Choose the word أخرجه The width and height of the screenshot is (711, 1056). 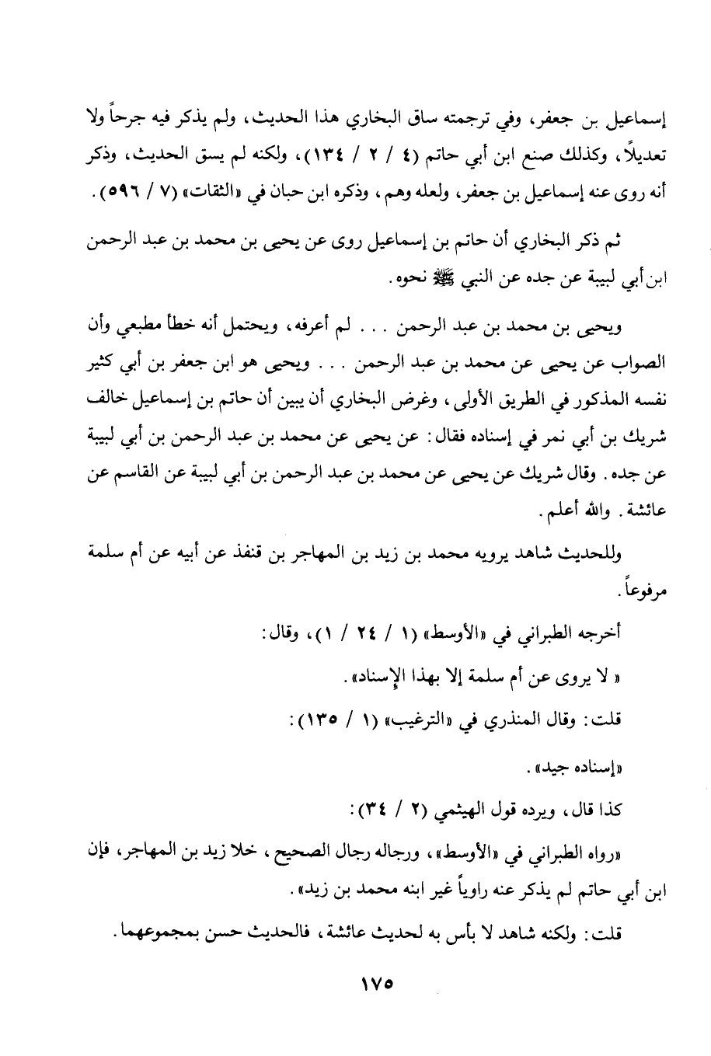604,636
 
